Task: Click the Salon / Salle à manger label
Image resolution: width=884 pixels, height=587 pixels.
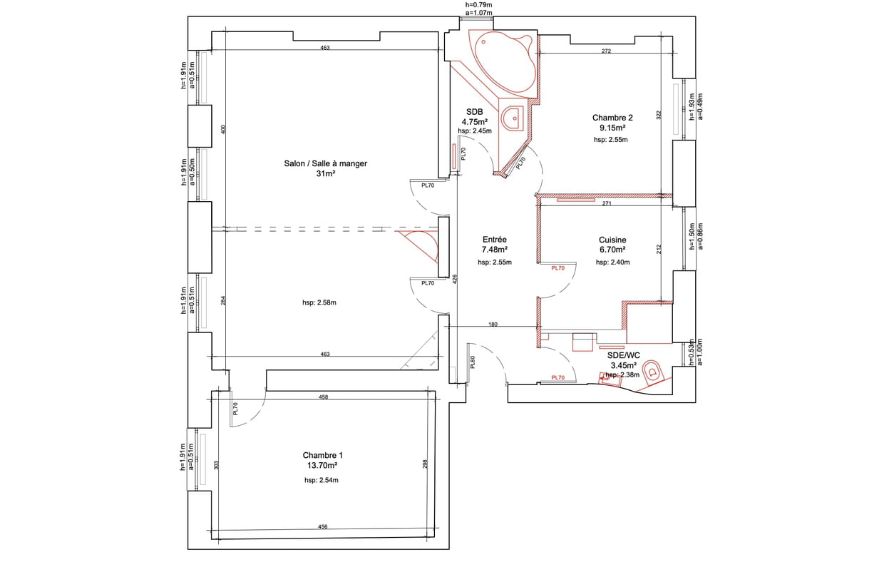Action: tap(326, 163)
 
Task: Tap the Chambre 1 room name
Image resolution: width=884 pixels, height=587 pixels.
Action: tap(322, 455)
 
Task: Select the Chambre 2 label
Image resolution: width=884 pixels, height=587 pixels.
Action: tap(612, 118)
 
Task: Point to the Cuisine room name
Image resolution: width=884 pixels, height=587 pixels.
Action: tap(612, 240)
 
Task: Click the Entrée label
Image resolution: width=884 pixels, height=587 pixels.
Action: tap(495, 239)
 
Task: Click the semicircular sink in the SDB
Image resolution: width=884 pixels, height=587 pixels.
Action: tap(513, 118)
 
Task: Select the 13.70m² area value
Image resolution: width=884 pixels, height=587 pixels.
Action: tap(322, 466)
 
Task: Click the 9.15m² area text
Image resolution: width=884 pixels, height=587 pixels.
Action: tap(612, 128)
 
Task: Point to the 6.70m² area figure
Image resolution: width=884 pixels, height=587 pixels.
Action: tap(612, 250)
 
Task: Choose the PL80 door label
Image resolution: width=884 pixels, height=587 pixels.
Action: tap(473, 362)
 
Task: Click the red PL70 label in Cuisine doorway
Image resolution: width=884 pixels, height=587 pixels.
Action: tap(558, 268)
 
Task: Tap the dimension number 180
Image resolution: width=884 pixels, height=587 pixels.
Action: tap(493, 325)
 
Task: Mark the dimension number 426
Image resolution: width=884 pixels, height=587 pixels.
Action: tap(455, 279)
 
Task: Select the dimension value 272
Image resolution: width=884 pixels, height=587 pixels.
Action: tap(606, 51)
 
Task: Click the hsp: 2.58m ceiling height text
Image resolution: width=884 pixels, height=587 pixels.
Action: tap(319, 303)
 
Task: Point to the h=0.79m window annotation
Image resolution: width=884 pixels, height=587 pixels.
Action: tap(478, 5)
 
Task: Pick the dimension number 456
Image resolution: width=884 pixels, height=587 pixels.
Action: tap(323, 526)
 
